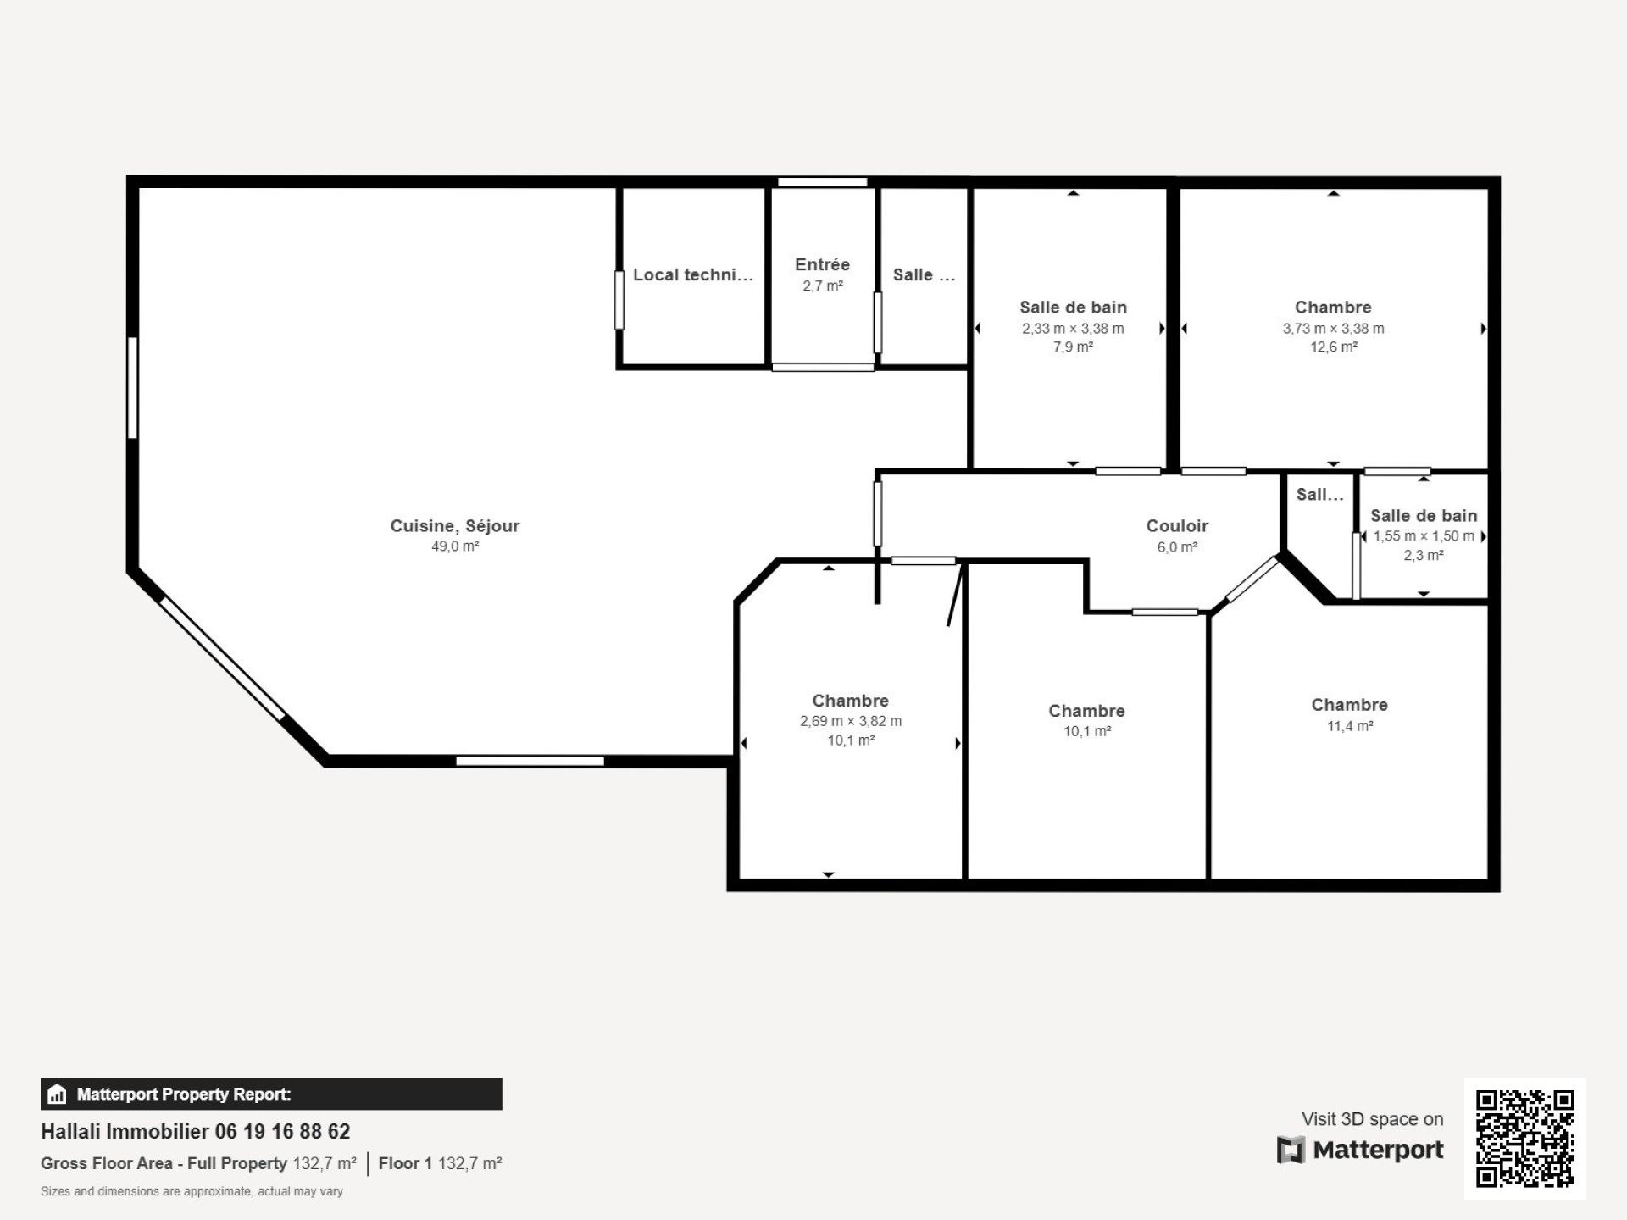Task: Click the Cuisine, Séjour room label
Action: (x=455, y=525)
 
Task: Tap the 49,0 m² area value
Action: (x=455, y=546)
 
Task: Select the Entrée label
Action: (x=822, y=264)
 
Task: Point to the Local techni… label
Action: (x=693, y=274)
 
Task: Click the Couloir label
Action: (x=1177, y=525)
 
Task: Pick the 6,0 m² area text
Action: (x=1177, y=547)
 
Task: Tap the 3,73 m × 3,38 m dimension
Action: (x=1333, y=329)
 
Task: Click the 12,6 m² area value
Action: (x=1334, y=347)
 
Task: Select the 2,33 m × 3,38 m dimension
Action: (x=1073, y=329)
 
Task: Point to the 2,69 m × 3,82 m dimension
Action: (x=851, y=722)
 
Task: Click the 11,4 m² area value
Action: (x=1350, y=726)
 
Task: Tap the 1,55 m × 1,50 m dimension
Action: (x=1424, y=536)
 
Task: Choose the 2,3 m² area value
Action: (x=1424, y=556)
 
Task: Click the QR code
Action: (x=1525, y=1138)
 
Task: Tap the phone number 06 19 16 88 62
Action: (x=282, y=1131)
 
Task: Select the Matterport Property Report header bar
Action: (x=271, y=1094)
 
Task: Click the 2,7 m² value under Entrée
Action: (x=823, y=286)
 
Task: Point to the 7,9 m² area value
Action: (x=1073, y=347)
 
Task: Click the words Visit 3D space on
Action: (x=1372, y=1119)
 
